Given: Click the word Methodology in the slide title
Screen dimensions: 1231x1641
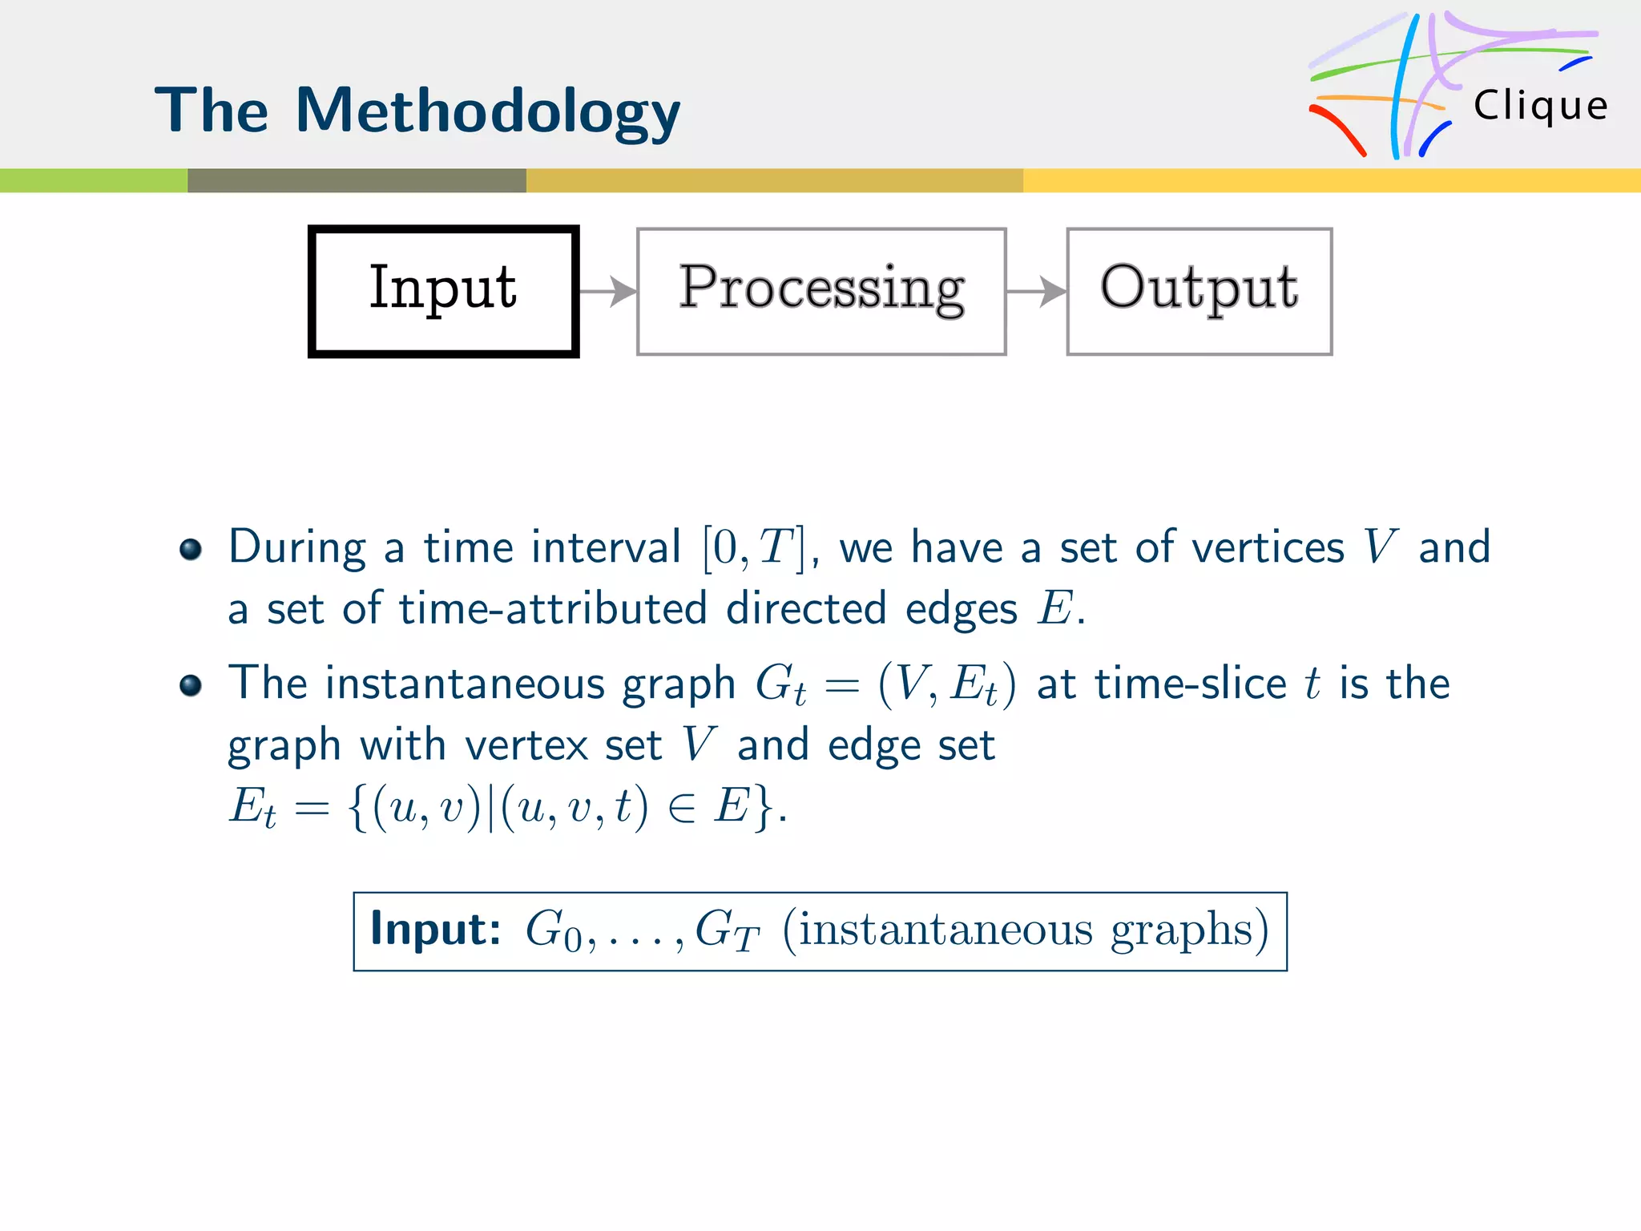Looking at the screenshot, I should [x=487, y=112].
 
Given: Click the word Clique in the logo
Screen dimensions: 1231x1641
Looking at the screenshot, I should [x=1540, y=106].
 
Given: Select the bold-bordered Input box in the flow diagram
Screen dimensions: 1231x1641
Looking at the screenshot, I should [x=443, y=291].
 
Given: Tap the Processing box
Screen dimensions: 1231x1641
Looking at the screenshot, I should [x=821, y=291].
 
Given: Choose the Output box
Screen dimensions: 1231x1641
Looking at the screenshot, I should [x=1199, y=291].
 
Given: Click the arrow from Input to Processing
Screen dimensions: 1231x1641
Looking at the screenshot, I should [x=608, y=291].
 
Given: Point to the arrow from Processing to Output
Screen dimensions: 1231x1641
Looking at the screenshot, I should [x=1036, y=291].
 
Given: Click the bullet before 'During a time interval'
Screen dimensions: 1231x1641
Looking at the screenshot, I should [x=191, y=550].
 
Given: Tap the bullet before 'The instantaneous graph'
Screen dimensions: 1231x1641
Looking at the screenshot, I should [x=191, y=686].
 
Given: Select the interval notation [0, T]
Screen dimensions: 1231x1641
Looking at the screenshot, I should [x=753, y=549].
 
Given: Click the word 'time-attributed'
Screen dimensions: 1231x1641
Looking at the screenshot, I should [x=553, y=609].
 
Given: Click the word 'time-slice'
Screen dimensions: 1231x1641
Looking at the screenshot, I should [x=1191, y=684].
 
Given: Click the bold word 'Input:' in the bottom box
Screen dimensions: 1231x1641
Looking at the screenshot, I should [x=435, y=930].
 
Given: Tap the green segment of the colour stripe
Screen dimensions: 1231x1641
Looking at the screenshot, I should [x=93, y=180].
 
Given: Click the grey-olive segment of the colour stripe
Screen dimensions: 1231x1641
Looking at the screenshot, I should [x=357, y=180].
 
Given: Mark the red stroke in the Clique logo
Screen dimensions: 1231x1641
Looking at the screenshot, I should [x=1338, y=128].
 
